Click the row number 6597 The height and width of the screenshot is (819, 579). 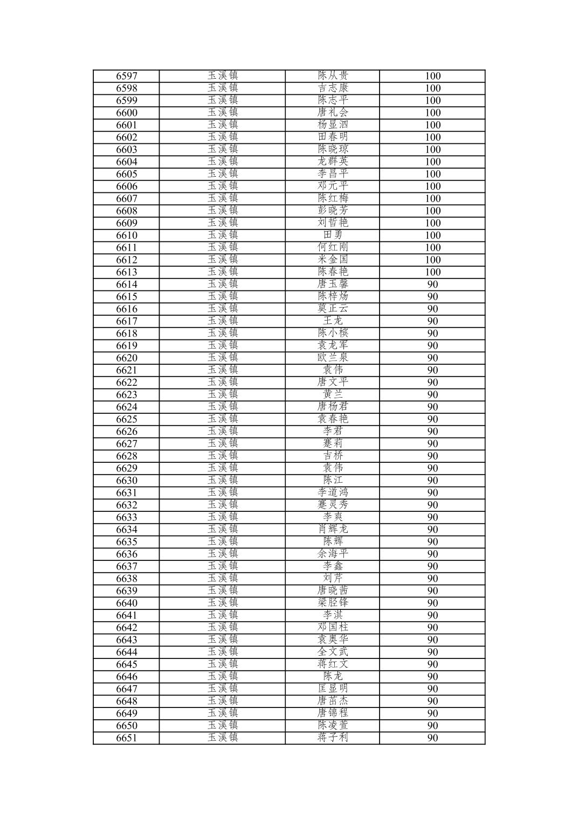[127, 76]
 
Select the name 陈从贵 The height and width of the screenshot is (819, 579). [333, 75]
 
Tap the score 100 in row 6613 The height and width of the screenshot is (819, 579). [432, 272]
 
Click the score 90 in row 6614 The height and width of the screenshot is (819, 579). [432, 284]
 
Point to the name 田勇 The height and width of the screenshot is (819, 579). [333, 235]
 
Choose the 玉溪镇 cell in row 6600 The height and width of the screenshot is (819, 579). [223, 112]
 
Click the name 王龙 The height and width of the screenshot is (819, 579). [333, 321]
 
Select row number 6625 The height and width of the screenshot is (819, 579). [127, 419]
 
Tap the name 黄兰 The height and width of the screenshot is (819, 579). [333, 394]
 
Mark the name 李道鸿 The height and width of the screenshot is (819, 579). [333, 492]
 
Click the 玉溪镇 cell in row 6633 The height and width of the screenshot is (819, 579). [223, 517]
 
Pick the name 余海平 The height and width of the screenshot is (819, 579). [333, 554]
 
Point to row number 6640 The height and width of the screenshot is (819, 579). [127, 603]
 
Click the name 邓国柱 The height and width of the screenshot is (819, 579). [333, 627]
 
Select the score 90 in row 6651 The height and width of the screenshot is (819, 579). [432, 738]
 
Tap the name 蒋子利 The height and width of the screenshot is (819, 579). [333, 738]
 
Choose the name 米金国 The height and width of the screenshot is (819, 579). [333, 260]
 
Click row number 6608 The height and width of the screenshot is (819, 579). [127, 211]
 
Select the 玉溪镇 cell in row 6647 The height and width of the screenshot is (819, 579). [223, 689]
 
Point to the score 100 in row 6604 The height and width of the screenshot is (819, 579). [432, 162]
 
